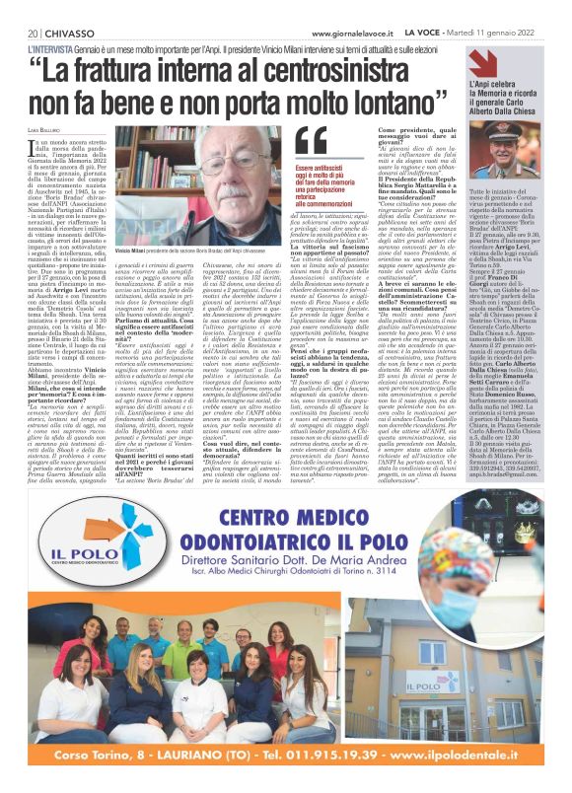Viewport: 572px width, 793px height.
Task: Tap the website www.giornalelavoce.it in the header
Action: point(339,32)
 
